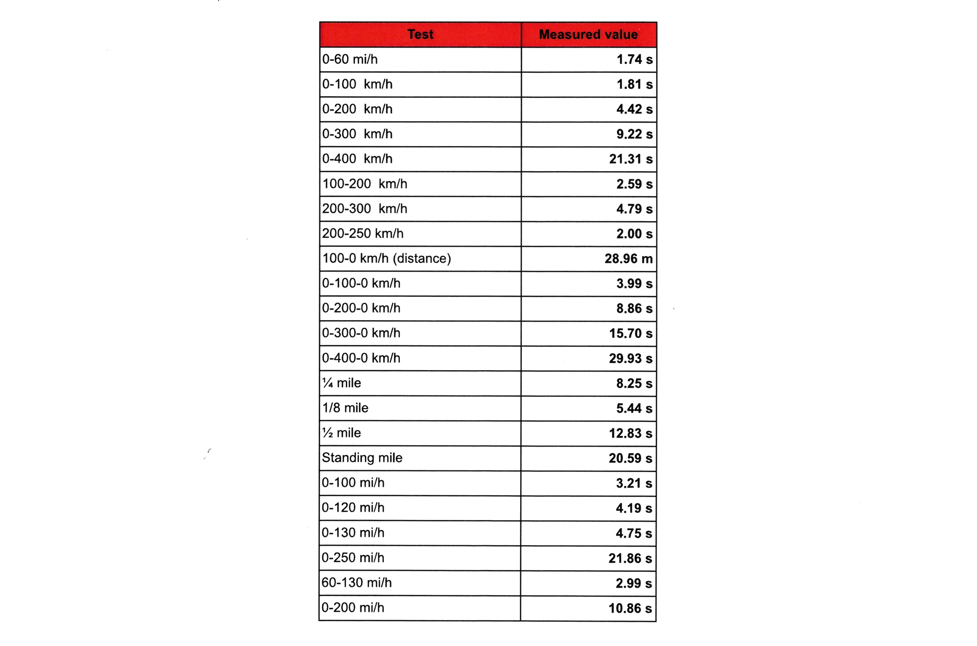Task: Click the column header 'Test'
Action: (420, 34)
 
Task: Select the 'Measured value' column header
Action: (588, 34)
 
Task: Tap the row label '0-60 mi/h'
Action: (350, 59)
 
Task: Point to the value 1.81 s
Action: (634, 84)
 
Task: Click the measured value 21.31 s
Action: (630, 159)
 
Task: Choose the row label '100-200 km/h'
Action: (364, 184)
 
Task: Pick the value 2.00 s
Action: (634, 233)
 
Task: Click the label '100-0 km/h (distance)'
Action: (387, 258)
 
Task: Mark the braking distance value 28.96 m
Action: (629, 259)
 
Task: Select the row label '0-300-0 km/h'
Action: (361, 333)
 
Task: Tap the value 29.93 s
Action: (630, 358)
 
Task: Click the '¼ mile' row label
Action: (342, 383)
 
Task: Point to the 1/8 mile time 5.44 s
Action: (634, 408)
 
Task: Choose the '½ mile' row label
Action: (342, 433)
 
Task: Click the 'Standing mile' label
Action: (362, 458)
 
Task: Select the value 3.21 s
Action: (634, 483)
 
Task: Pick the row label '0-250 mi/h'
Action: (353, 558)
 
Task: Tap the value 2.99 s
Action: (634, 583)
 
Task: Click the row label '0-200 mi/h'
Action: (353, 608)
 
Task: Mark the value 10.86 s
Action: (630, 609)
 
